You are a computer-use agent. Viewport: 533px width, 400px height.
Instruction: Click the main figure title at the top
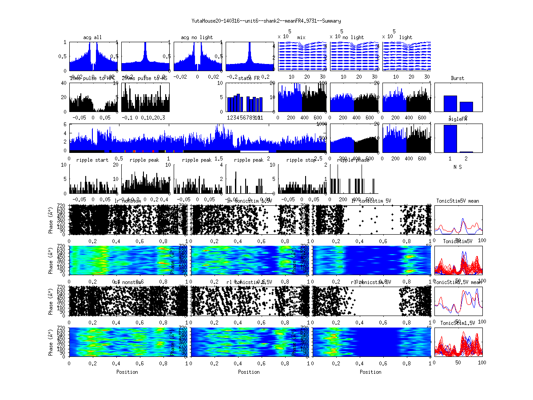pos(266,20)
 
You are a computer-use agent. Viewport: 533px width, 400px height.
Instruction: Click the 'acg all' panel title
pos(92,37)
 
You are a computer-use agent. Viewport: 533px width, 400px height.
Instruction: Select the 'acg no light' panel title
pos(197,37)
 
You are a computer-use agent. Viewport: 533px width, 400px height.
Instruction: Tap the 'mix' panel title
pos(302,37)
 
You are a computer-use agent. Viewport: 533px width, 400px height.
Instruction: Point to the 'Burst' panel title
pos(457,78)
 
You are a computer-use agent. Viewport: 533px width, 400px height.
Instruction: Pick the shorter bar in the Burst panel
pos(466,106)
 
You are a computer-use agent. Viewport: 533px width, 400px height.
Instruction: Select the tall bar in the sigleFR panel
pos(450,139)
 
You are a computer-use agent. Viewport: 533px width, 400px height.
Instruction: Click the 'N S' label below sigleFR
pos(457,167)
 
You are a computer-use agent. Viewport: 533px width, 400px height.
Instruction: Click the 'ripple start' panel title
pos(92,160)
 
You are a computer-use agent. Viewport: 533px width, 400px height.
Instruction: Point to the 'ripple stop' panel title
pos(302,160)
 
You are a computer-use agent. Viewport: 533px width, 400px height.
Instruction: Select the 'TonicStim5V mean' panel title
pos(457,201)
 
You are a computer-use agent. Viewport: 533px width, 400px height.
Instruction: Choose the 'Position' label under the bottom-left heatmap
pos(127,372)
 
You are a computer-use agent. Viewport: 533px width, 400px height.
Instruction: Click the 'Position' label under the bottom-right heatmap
pos(371,372)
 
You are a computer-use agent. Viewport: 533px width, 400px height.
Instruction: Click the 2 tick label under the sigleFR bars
pos(466,158)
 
